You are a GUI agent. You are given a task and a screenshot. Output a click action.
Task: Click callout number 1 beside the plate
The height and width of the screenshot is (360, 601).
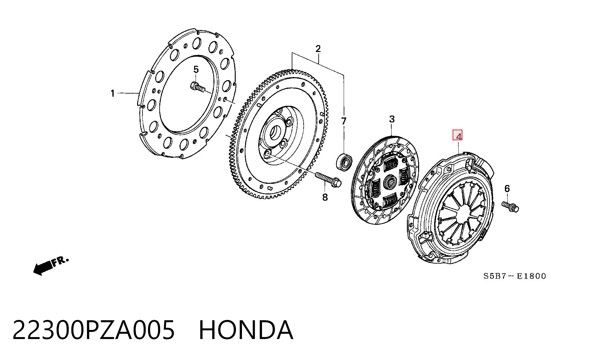point(113,93)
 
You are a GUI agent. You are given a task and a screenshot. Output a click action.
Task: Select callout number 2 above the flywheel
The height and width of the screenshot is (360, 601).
point(318,49)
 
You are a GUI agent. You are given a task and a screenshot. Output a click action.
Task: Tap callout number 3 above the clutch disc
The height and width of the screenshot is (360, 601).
point(392,119)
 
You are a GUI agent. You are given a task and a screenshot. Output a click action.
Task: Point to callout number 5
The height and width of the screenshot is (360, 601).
point(196,69)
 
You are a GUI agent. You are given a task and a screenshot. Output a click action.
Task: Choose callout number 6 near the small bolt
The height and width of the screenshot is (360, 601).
point(507,188)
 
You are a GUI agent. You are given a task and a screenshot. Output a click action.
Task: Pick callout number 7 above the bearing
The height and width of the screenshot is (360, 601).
point(344,121)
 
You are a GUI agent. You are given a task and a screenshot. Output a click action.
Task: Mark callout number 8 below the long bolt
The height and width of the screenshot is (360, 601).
point(325,197)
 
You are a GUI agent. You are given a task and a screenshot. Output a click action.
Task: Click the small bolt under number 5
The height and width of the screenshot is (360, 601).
point(198,87)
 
